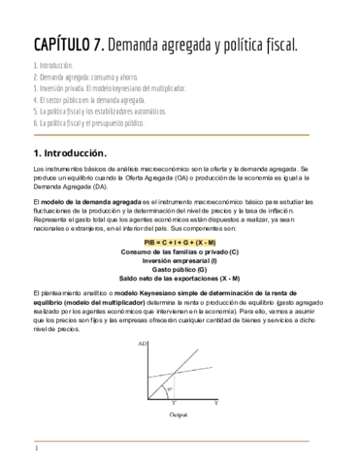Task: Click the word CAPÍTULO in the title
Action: [x=63, y=45]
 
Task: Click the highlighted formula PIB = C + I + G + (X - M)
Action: [x=180, y=241]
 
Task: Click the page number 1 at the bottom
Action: [x=36, y=449]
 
